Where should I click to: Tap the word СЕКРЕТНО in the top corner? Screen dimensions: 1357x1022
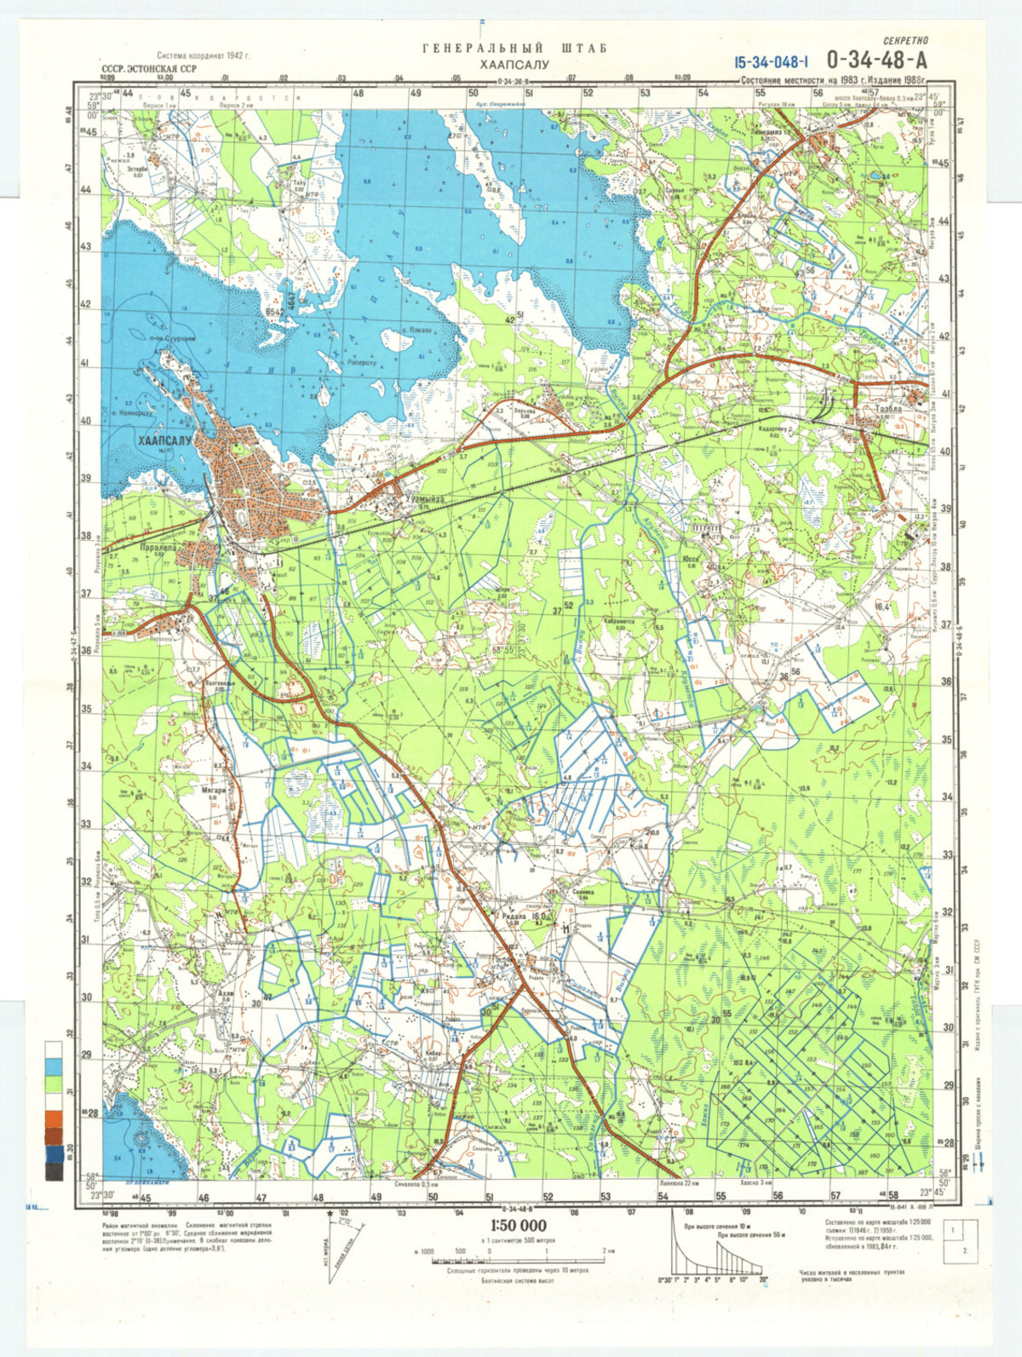pos(904,40)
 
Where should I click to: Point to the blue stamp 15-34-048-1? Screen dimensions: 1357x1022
pos(769,61)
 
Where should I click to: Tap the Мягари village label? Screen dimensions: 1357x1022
pos(214,790)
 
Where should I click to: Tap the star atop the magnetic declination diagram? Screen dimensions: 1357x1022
pos(330,1211)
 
